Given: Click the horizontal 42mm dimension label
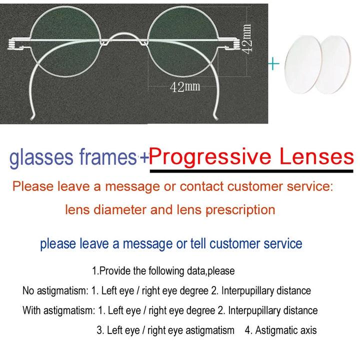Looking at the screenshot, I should coord(185,86).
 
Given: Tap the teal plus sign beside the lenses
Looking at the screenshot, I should coord(273,63).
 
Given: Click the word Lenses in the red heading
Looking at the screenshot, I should coord(316,157).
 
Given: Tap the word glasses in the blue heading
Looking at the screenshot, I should coord(41,158).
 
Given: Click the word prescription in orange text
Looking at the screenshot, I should coord(239,209).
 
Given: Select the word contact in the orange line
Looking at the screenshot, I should coord(202,187).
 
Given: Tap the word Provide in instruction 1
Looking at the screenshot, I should coord(114,271).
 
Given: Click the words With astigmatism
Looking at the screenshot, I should coord(58,310).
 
